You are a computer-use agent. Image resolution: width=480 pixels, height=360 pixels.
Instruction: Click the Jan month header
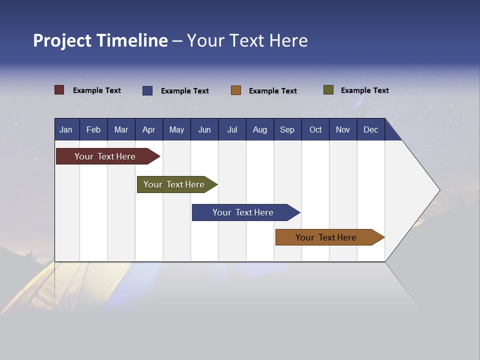pos(66,130)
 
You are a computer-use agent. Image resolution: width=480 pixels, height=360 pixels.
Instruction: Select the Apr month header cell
pos(148,130)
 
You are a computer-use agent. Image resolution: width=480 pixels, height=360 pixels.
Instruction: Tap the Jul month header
pos(232,130)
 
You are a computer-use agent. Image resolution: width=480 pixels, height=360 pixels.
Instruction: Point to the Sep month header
pos(287,130)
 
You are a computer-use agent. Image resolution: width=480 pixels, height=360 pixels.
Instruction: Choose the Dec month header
pos(370,130)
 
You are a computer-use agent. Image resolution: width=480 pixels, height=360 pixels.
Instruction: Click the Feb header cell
pos(93,130)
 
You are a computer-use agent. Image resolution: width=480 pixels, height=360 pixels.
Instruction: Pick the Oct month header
pos(315,130)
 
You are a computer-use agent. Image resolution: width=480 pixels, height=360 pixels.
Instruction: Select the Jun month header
pos(204,130)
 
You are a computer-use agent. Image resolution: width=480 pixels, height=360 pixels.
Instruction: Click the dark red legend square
pos(59,90)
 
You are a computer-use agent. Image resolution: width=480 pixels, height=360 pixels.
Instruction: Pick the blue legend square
pos(147,90)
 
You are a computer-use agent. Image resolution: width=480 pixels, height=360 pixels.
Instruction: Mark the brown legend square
pos(236,90)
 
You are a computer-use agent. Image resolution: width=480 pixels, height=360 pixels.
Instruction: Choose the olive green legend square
pos(328,90)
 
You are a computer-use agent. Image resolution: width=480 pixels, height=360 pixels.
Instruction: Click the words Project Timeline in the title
pos(100,40)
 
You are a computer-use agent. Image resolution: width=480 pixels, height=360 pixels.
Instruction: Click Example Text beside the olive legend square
pos(364,90)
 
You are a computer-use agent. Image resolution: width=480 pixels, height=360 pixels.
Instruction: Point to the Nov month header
pos(343,130)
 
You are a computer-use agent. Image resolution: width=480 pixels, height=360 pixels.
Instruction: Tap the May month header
pos(176,130)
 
